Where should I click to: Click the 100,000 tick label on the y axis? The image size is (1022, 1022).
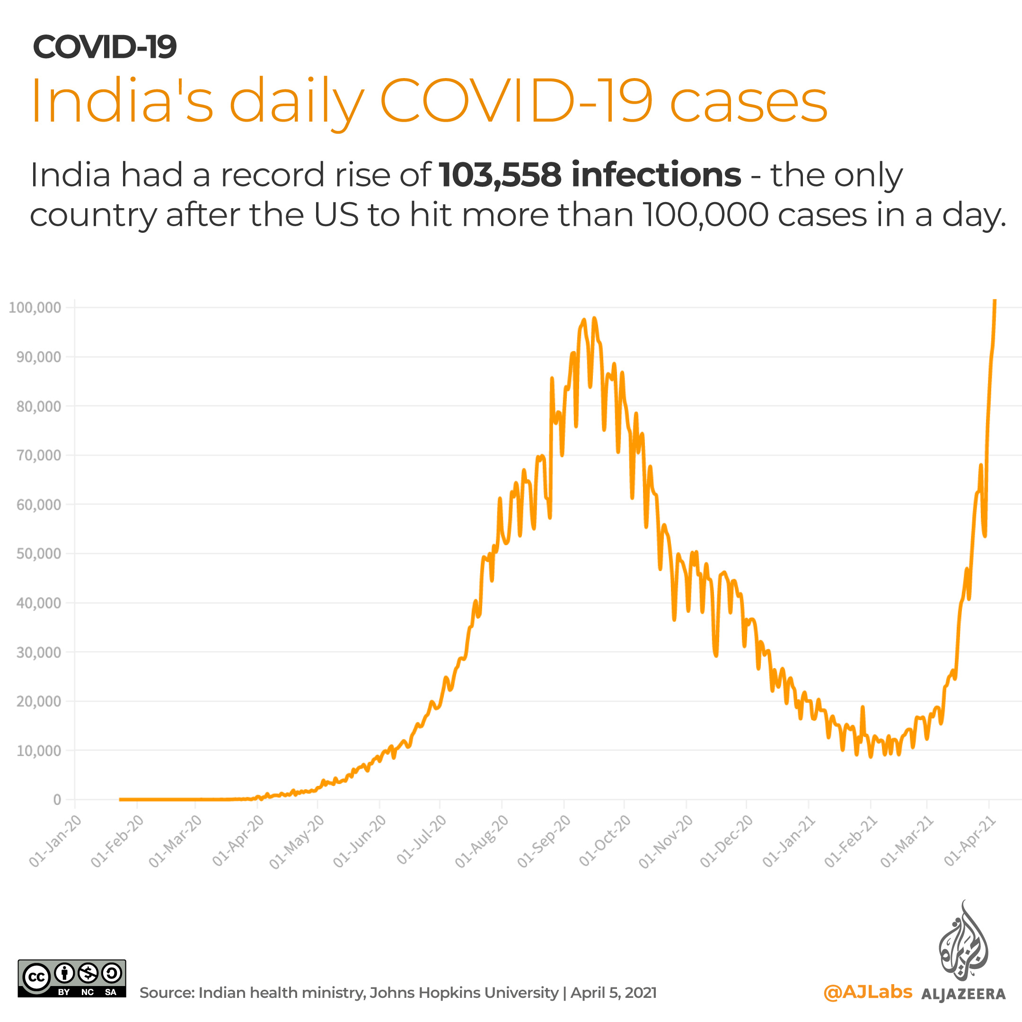tap(35, 308)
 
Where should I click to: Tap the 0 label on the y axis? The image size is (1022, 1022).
tap(57, 800)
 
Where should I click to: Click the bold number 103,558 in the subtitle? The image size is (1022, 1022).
tap(500, 175)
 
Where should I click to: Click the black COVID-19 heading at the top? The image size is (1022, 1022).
tap(105, 47)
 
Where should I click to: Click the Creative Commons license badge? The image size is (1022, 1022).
tap(72, 978)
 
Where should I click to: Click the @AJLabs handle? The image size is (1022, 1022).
tap(868, 992)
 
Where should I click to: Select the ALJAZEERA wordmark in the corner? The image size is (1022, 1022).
tap(963, 994)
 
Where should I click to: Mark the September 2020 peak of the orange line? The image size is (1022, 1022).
tap(595, 318)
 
